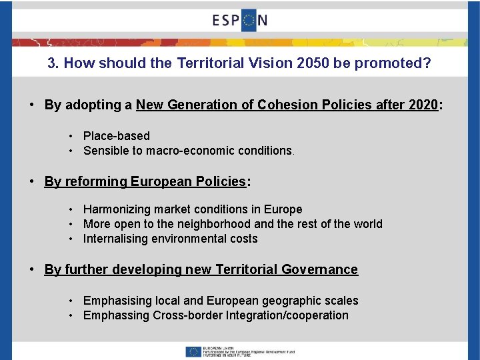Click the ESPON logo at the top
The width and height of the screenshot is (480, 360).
(x=240, y=20)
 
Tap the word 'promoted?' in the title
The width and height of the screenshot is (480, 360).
(x=398, y=64)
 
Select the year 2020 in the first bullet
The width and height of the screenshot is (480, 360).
(x=423, y=105)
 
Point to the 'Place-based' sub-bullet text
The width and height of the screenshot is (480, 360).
(x=117, y=136)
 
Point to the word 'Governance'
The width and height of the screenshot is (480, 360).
(x=319, y=269)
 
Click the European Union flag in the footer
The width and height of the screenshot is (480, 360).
(x=194, y=351)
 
